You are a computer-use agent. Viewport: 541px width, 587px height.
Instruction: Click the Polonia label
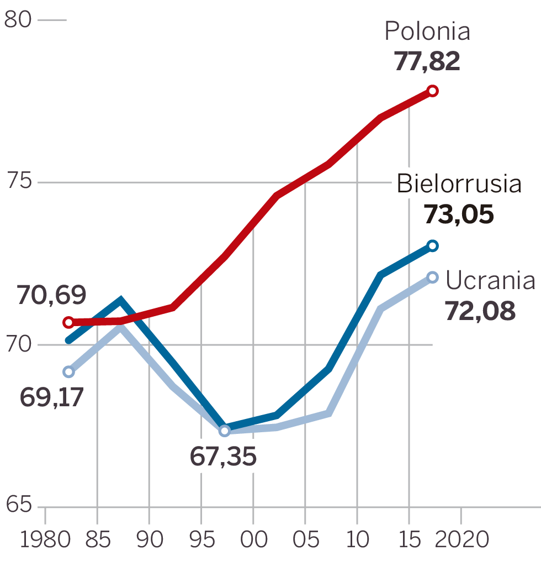(x=427, y=32)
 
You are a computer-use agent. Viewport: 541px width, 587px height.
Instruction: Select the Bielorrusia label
(x=459, y=184)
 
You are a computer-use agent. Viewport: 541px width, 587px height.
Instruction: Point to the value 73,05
(x=458, y=214)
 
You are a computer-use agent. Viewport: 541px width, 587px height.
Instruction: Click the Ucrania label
(x=490, y=281)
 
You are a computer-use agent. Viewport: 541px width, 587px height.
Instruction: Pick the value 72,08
(x=480, y=311)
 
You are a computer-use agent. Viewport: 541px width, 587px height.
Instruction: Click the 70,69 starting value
(x=51, y=296)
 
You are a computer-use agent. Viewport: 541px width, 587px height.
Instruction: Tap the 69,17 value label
(x=51, y=397)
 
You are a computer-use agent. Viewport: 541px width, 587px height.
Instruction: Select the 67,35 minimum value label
(x=223, y=457)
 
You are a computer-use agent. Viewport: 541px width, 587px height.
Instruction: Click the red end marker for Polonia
(x=433, y=91)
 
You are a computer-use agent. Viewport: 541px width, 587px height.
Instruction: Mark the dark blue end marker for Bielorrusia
(x=433, y=245)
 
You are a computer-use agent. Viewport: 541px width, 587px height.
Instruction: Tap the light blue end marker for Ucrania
(x=433, y=277)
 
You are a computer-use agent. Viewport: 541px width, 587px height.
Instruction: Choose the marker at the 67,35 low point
(x=224, y=431)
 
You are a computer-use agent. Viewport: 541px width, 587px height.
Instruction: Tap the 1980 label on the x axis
(x=45, y=539)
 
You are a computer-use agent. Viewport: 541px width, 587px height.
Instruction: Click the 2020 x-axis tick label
(x=462, y=539)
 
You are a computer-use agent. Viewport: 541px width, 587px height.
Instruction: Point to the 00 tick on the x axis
(x=253, y=539)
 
